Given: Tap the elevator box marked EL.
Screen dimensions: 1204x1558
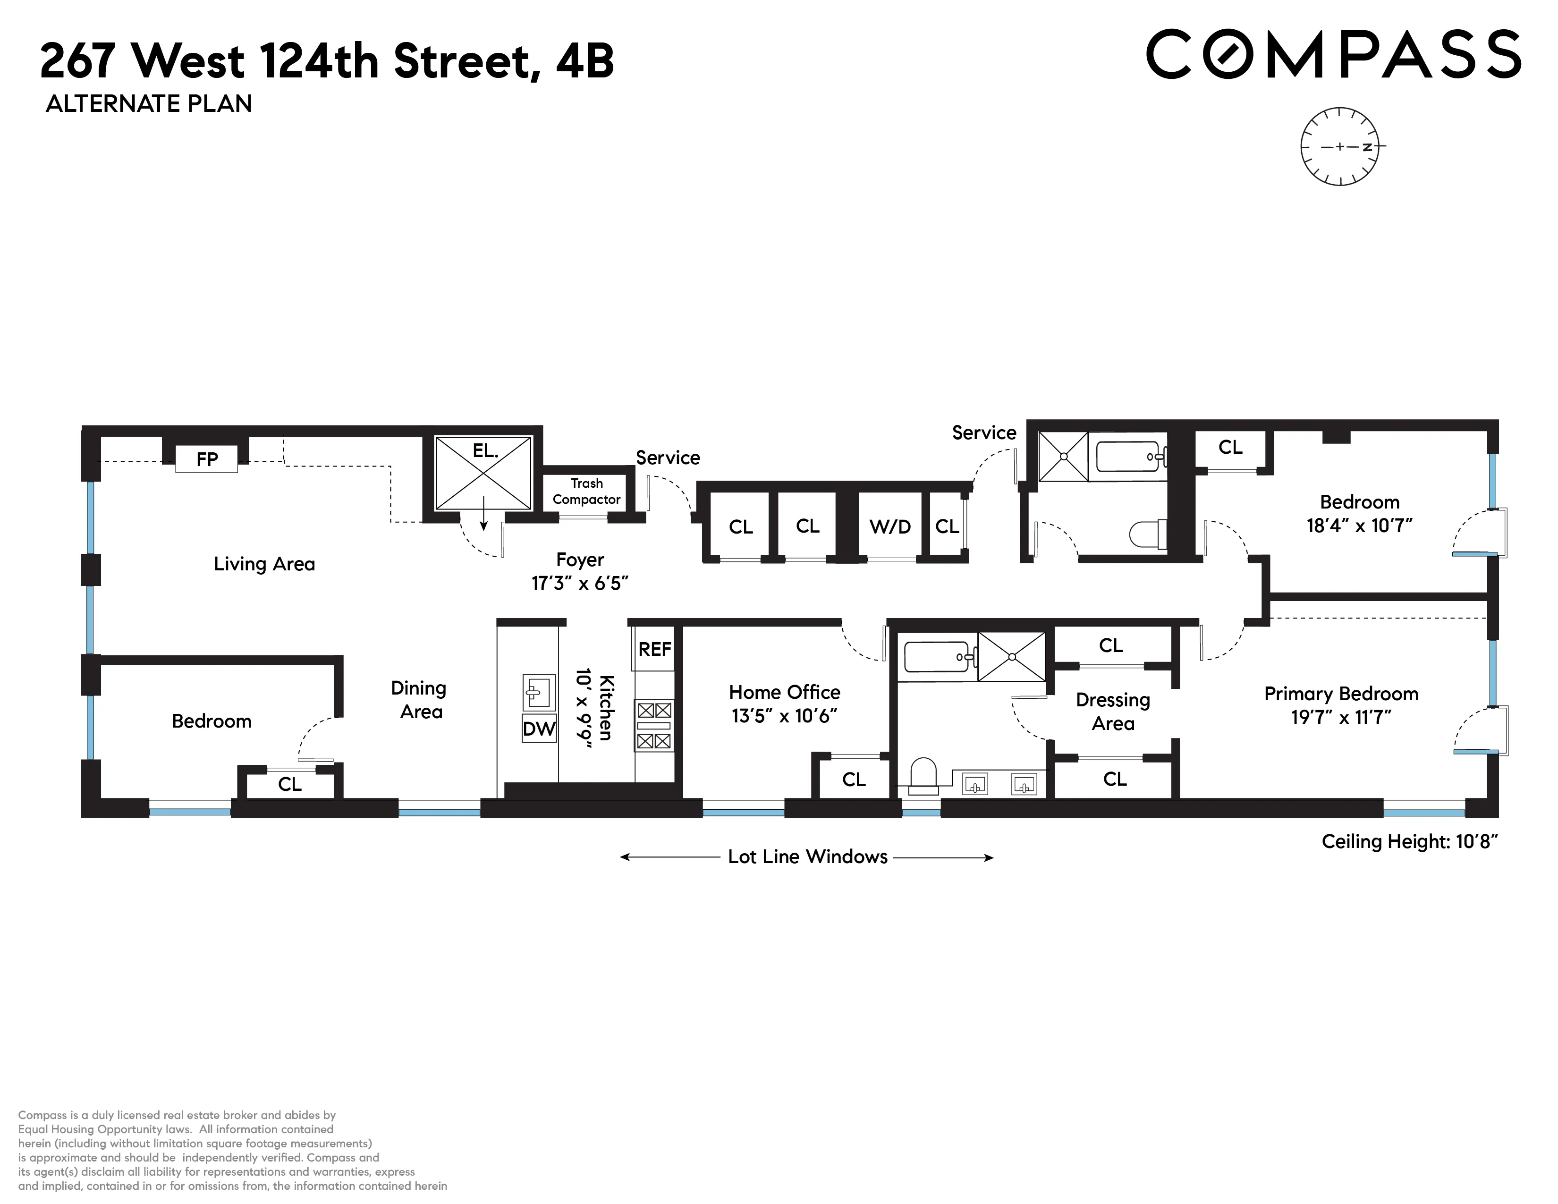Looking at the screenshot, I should [483, 472].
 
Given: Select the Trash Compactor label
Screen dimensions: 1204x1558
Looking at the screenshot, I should [586, 492].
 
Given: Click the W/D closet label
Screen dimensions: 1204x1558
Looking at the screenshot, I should [889, 526].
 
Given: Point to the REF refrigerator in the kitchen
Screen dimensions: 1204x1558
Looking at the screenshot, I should [654, 649].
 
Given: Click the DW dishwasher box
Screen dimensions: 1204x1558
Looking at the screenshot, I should [539, 728].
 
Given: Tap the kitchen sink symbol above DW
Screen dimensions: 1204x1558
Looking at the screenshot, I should [539, 691].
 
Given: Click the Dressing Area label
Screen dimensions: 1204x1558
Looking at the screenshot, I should [1113, 711].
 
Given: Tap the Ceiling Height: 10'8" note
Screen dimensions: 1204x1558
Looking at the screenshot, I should [1409, 842].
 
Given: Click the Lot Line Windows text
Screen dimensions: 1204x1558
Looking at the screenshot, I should [807, 856].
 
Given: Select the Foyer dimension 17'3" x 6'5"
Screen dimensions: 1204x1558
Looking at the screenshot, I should [579, 584].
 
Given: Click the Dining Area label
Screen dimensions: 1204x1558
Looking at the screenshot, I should [419, 700].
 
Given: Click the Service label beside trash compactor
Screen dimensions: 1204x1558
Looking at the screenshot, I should [668, 458].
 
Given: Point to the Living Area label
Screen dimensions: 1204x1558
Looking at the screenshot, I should [264, 564].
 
